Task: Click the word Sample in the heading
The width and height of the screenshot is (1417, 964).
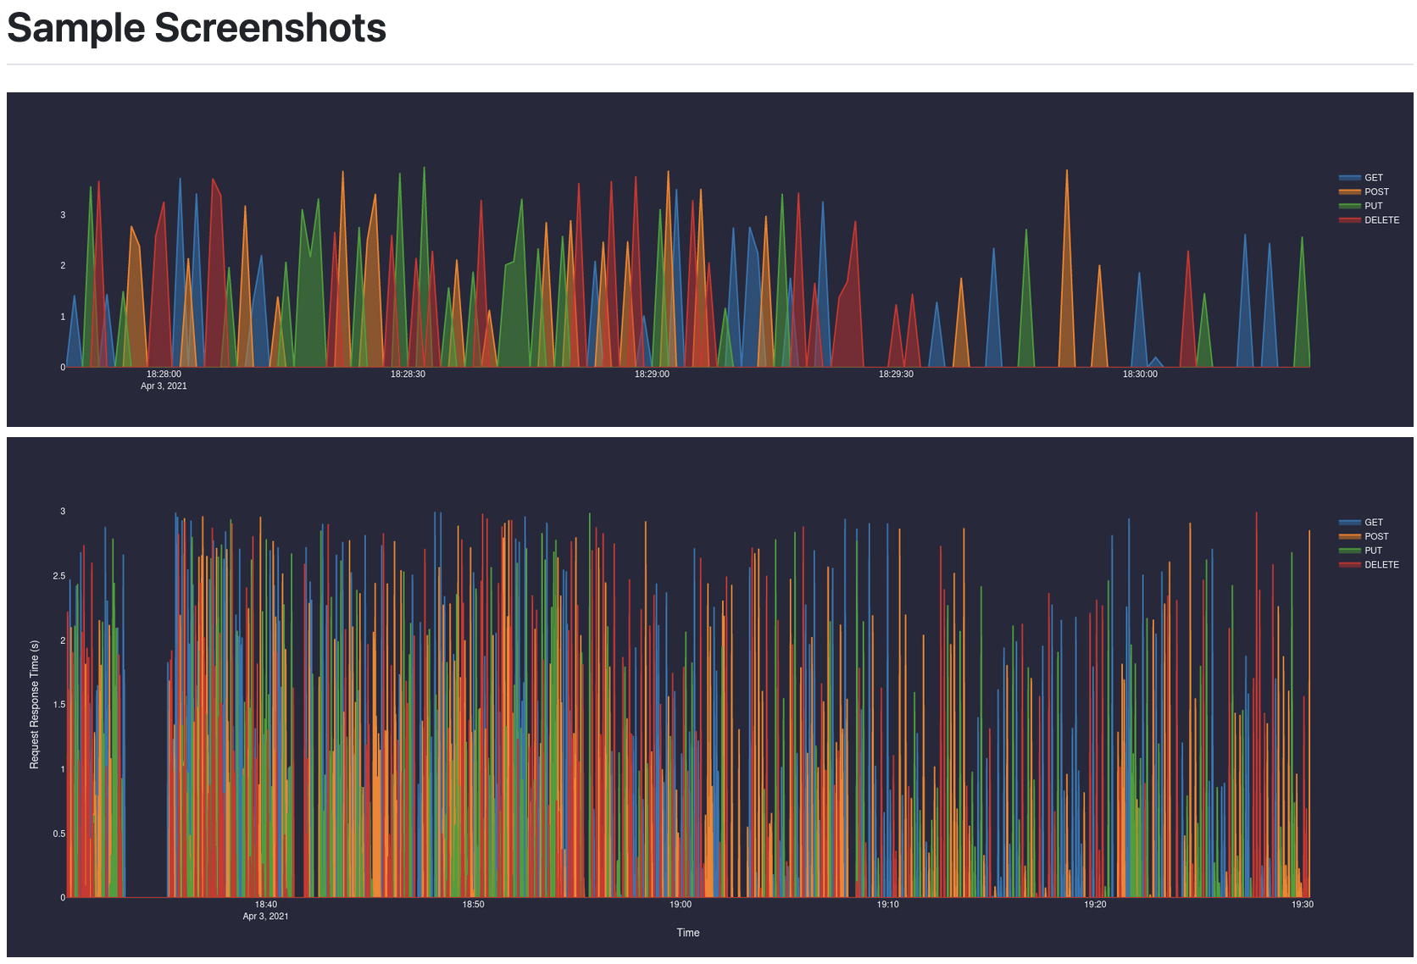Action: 76,28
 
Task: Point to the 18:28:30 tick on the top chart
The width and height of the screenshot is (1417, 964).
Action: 408,374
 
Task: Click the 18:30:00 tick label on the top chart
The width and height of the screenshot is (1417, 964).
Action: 1139,374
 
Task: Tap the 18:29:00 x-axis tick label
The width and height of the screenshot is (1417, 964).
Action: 652,374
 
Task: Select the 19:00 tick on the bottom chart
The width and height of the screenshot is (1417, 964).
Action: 681,905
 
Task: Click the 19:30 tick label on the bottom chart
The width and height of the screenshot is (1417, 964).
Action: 1302,905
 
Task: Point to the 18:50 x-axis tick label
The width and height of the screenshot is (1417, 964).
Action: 473,905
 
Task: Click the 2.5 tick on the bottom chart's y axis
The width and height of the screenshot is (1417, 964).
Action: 58,576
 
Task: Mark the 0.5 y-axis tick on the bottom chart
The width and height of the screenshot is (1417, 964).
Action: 58,834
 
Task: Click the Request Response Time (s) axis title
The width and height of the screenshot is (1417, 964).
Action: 35,705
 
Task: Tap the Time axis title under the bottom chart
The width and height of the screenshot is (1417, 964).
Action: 687,933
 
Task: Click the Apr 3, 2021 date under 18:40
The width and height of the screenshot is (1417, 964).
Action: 265,917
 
